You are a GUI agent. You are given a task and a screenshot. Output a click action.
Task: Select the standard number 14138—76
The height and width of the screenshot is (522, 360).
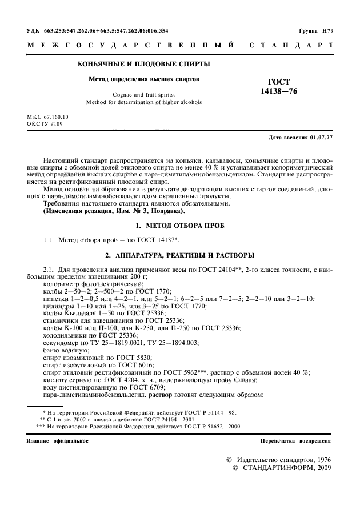pos(279,91)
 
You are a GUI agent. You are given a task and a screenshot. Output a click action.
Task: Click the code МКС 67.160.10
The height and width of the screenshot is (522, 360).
pos(47,117)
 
